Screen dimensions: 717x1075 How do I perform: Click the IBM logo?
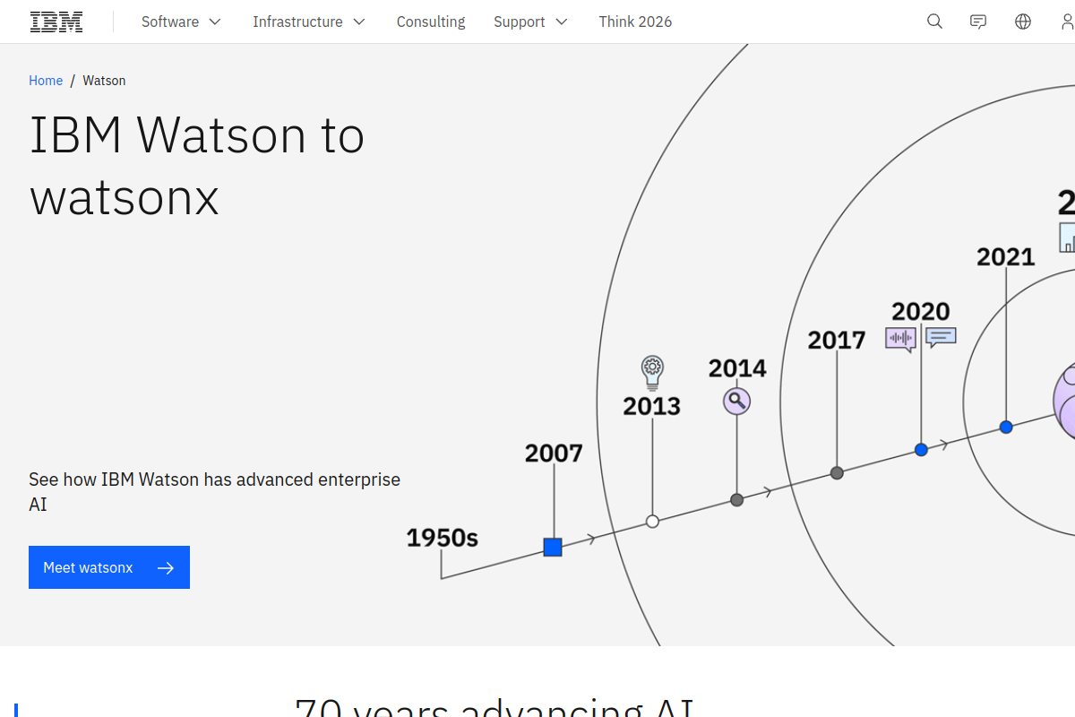click(56, 22)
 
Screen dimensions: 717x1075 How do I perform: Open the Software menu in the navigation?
click(181, 22)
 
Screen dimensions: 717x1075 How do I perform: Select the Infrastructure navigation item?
click(309, 22)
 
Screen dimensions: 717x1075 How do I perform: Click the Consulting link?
click(431, 22)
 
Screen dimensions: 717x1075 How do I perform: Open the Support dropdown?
click(530, 22)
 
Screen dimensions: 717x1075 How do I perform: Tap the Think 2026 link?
click(635, 22)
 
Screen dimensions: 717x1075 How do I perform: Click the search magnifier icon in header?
click(934, 22)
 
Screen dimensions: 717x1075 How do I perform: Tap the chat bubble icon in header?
click(978, 22)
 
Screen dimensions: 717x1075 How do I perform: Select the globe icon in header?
click(1023, 22)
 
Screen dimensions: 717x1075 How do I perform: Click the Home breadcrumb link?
click(46, 81)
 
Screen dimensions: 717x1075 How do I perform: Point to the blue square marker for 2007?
click(553, 547)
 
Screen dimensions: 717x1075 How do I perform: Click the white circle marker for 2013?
click(652, 521)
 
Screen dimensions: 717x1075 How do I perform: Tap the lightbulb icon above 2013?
click(652, 370)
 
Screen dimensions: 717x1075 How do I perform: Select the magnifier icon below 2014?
click(736, 401)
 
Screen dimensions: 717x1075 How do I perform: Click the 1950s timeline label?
click(442, 538)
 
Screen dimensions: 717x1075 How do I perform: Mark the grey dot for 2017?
click(837, 472)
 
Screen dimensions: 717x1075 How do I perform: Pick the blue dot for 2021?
click(1006, 427)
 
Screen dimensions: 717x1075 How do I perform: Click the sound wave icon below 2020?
click(900, 339)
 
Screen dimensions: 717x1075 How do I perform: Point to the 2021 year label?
click(1005, 257)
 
